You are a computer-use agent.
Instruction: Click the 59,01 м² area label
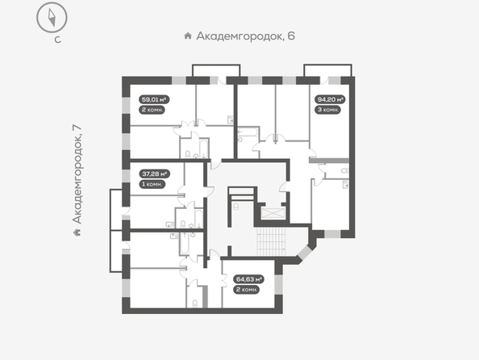pyautogui.click(x=154, y=99)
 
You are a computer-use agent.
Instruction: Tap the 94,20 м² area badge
pyautogui.click(x=330, y=99)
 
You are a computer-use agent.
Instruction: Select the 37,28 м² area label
pyautogui.click(x=155, y=174)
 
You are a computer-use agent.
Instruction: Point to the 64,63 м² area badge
pyautogui.click(x=248, y=279)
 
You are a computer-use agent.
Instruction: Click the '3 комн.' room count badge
pyautogui.click(x=327, y=110)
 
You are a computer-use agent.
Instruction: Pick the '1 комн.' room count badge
pyautogui.click(x=152, y=184)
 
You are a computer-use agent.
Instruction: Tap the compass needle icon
pyautogui.click(x=52, y=18)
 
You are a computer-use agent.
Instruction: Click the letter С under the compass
pyautogui.click(x=57, y=40)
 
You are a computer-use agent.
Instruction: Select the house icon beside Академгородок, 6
pyautogui.click(x=188, y=36)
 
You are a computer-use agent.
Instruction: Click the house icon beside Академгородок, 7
pyautogui.click(x=77, y=232)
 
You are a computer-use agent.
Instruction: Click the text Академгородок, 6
pyautogui.click(x=246, y=36)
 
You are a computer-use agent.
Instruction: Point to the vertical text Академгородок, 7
pyautogui.click(x=77, y=174)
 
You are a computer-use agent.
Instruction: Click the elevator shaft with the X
pyautogui.click(x=273, y=213)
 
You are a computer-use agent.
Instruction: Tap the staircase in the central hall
pyautogui.click(x=271, y=241)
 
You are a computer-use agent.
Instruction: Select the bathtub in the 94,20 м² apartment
pyautogui.click(x=248, y=133)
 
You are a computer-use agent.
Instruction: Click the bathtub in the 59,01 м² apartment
pyautogui.click(x=204, y=149)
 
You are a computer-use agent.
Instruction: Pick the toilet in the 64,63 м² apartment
pyautogui.click(x=194, y=303)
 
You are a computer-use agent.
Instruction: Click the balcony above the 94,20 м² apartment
pyautogui.click(x=327, y=70)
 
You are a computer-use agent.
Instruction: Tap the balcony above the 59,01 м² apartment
pyautogui.click(x=216, y=70)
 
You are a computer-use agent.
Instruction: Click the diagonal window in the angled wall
pyautogui.click(x=305, y=253)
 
